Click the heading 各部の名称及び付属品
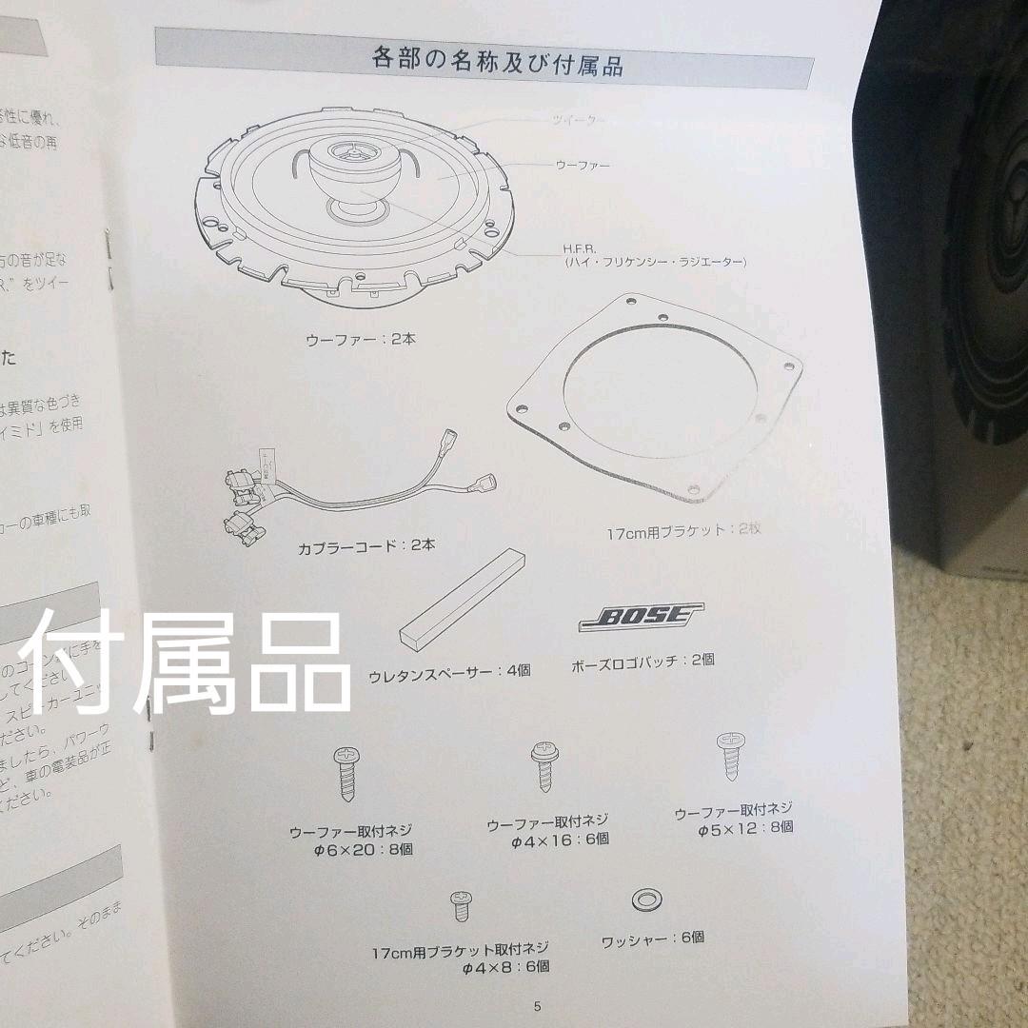coord(497,64)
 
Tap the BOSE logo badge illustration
coord(641,617)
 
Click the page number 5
coord(537,1006)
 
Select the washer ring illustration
coord(647,899)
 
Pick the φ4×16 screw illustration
coord(544,765)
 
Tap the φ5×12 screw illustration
coord(730,755)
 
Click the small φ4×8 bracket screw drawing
coord(462,904)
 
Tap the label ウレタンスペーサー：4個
coord(449,671)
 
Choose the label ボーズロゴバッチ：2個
coord(642,660)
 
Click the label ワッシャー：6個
coord(653,938)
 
